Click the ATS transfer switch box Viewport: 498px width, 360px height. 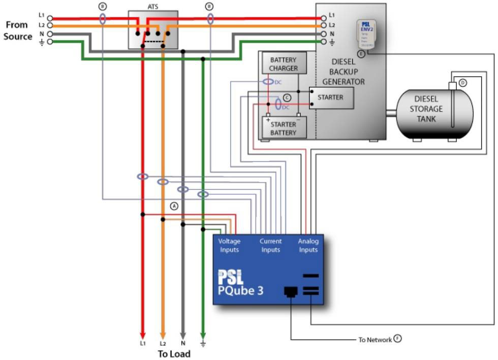pyautogui.click(x=152, y=29)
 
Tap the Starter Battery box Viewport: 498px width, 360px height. pyautogui.click(x=283, y=128)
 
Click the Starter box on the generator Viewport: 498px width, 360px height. pyautogui.click(x=331, y=97)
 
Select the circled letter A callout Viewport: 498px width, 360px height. pyautogui.click(x=174, y=206)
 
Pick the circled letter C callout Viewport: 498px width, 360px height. pyautogui.click(x=287, y=97)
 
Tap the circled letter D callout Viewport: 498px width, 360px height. pyautogui.click(x=462, y=82)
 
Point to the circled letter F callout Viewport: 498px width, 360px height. pyautogui.click(x=397, y=339)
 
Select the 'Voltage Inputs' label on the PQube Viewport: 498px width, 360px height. pyautogui.click(x=229, y=245)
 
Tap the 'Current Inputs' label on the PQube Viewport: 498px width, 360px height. pyautogui.click(x=270, y=245)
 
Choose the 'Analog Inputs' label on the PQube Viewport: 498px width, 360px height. pyautogui.click(x=308, y=245)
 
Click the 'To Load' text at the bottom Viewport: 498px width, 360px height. pyautogui.click(x=174, y=353)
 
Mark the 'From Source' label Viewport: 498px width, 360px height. pyautogui.click(x=18, y=30)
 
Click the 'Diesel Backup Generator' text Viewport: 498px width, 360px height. pyautogui.click(x=347, y=71)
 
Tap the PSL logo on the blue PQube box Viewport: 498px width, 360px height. pyautogui.click(x=231, y=277)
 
